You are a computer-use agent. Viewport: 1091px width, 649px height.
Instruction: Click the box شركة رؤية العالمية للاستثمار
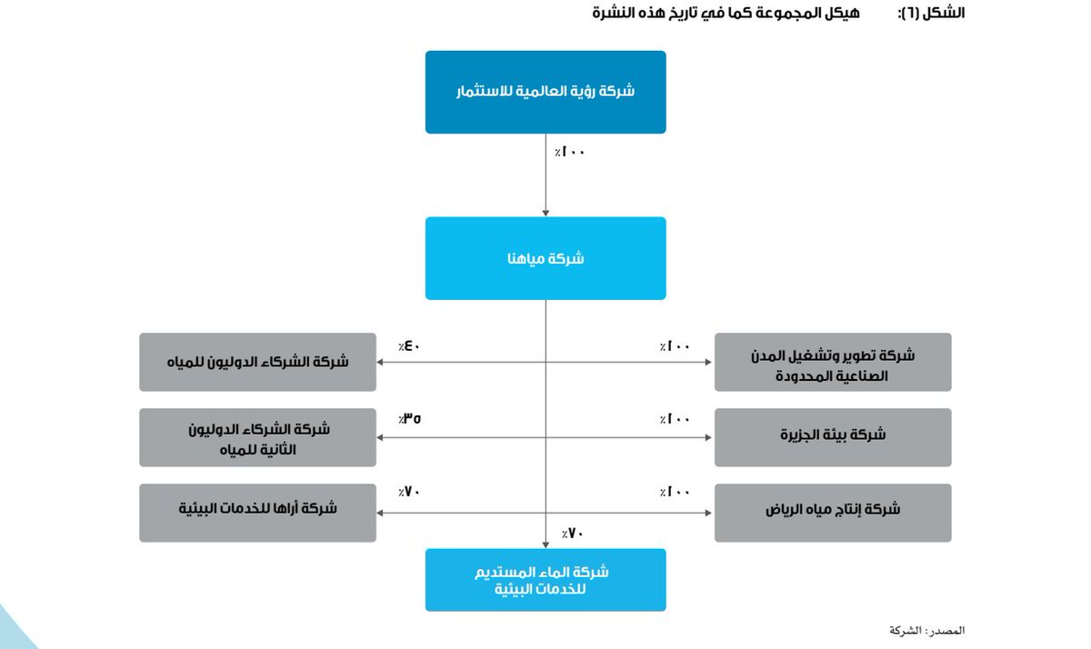click(545, 92)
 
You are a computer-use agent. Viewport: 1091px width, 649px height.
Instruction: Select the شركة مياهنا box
click(545, 258)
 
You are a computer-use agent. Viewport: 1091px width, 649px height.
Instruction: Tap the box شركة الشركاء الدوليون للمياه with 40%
click(257, 362)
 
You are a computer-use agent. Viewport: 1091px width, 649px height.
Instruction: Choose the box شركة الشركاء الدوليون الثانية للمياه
click(257, 437)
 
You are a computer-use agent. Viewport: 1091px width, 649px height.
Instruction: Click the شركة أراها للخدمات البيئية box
click(257, 513)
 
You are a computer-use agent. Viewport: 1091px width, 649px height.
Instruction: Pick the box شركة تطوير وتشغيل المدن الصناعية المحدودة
click(833, 362)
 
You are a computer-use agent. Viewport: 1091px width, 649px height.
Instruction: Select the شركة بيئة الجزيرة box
click(833, 437)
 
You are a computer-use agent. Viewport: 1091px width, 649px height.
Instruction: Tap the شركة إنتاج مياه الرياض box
click(833, 513)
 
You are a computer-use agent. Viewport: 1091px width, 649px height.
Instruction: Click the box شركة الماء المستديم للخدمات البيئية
click(545, 579)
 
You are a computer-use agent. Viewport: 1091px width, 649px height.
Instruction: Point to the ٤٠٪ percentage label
click(408, 345)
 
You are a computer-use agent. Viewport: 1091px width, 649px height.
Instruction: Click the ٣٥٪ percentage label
click(409, 419)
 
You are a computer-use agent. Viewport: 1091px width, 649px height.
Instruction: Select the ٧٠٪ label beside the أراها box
click(408, 493)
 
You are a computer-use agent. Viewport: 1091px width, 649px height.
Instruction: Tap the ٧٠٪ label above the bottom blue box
click(572, 533)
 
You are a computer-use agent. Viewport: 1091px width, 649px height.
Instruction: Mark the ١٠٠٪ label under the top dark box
click(570, 152)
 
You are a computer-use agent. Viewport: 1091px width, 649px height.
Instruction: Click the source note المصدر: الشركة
click(926, 630)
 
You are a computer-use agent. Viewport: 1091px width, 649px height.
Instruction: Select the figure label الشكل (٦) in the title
click(931, 14)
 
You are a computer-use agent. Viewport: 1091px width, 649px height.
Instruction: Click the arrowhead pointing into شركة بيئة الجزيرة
click(709, 437)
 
